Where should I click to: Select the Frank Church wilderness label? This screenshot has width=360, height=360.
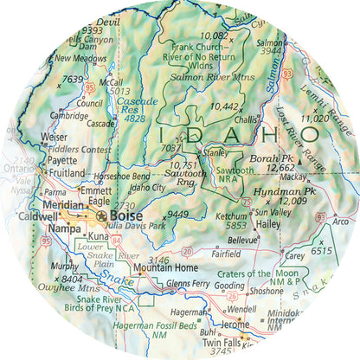199,48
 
